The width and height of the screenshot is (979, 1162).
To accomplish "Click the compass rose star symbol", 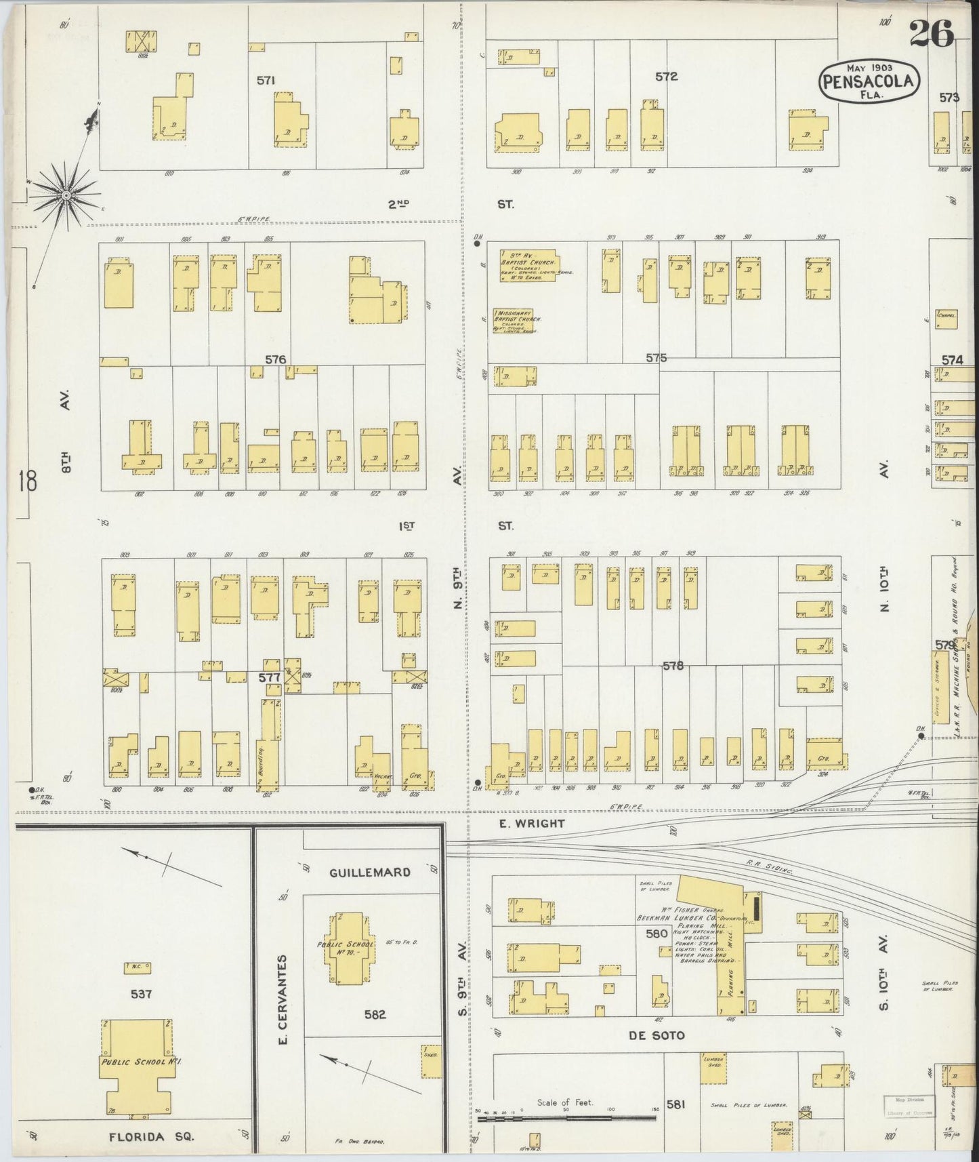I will (x=66, y=196).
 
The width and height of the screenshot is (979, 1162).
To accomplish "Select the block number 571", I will (x=266, y=81).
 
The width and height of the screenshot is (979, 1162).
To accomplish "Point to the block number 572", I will (x=666, y=77).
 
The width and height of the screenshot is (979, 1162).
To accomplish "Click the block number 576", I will (x=276, y=360).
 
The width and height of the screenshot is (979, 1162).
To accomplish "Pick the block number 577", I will (x=269, y=677).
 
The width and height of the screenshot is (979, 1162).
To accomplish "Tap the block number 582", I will (x=375, y=1015).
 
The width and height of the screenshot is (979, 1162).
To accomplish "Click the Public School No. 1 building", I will (x=138, y=1066).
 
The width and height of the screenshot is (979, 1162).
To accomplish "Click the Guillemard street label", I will (x=370, y=873).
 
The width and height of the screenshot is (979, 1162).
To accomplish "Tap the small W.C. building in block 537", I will (x=138, y=967).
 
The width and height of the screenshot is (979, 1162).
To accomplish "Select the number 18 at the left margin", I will (x=28, y=482).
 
